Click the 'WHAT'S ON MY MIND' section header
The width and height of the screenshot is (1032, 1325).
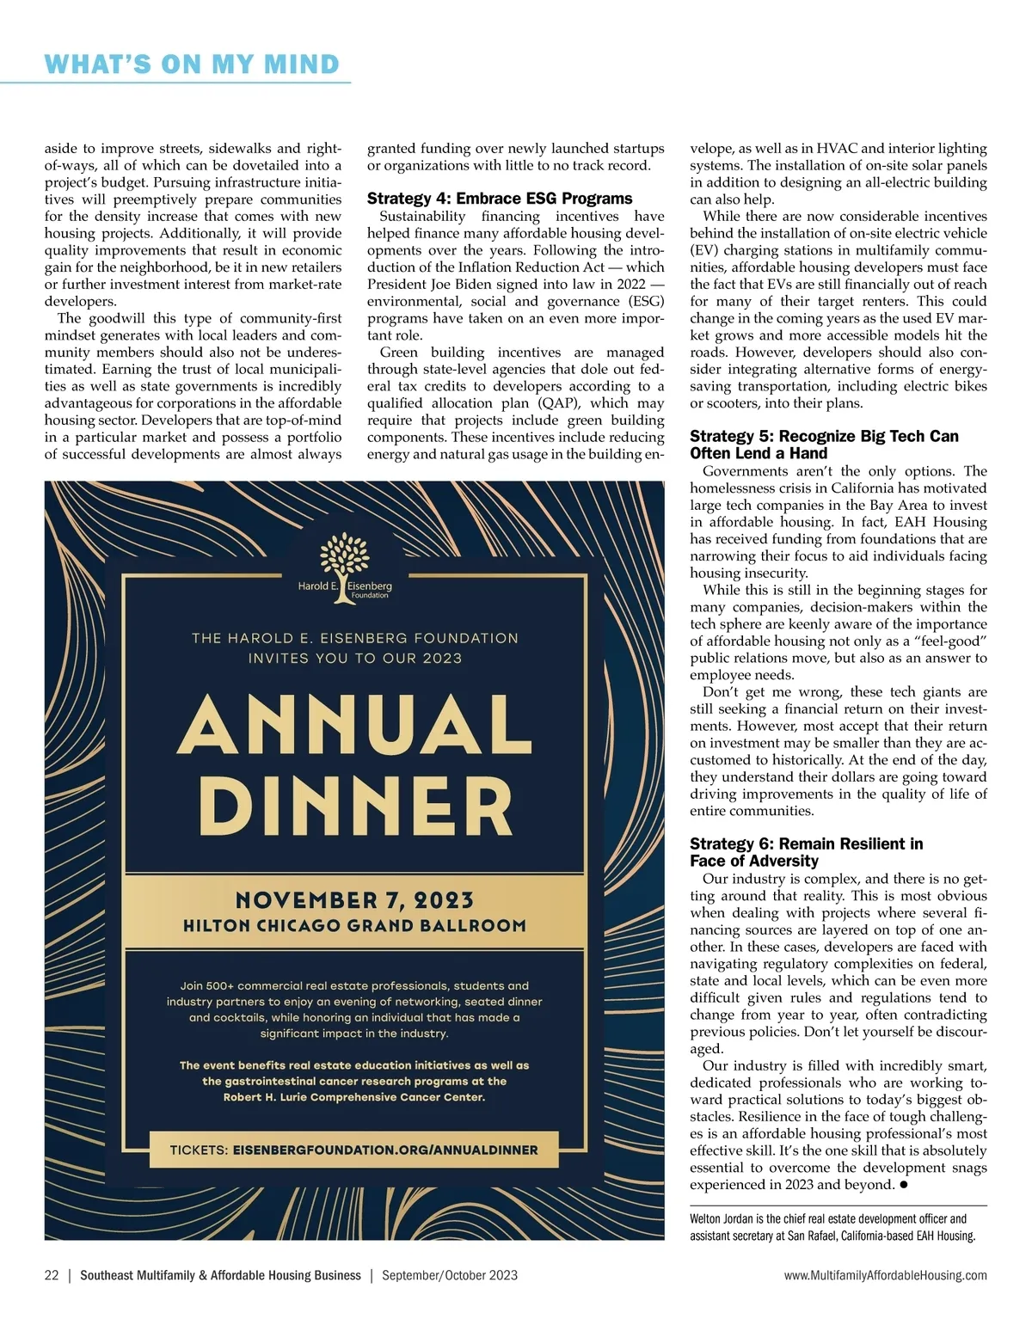click(192, 64)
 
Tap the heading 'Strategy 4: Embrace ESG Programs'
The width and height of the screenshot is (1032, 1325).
click(500, 199)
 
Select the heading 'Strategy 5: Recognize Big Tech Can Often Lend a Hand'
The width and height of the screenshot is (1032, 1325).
click(823, 445)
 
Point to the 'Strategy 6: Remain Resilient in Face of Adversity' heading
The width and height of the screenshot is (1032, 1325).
click(806, 852)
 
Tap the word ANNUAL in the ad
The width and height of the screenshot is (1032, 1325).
click(354, 725)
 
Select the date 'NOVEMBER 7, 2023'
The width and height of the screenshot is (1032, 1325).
click(354, 900)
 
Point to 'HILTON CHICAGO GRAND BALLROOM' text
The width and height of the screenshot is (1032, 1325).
click(354, 926)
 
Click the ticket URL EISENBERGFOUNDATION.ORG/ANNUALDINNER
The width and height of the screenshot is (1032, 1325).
click(385, 1150)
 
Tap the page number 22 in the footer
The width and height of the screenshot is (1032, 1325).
click(52, 1275)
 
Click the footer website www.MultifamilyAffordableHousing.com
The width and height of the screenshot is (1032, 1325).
click(885, 1275)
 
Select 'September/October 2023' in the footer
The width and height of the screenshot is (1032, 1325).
click(450, 1275)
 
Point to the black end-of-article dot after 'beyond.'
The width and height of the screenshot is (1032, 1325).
click(905, 1185)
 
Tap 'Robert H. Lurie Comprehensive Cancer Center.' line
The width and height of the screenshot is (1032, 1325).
click(354, 1097)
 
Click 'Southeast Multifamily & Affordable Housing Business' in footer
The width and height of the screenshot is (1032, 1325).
click(220, 1275)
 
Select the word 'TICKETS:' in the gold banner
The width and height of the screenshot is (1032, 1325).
click(199, 1150)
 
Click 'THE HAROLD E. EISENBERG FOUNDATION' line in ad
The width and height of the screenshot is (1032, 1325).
click(354, 638)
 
